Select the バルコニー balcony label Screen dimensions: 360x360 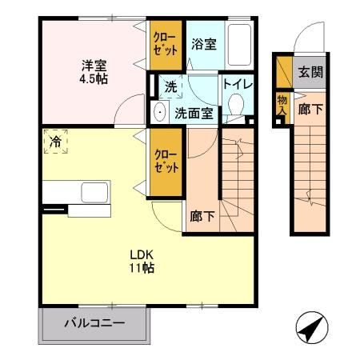click(x=94, y=326)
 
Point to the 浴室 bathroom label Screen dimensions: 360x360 click(x=203, y=46)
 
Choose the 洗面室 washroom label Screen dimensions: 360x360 click(x=194, y=113)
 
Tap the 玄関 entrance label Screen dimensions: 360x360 click(x=310, y=72)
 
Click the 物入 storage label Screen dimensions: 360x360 click(x=282, y=104)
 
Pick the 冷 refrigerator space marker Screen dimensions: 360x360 click(x=56, y=142)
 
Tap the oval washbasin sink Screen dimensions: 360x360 click(x=158, y=113)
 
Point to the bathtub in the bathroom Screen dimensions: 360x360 click(x=240, y=44)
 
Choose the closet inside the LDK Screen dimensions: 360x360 click(x=166, y=163)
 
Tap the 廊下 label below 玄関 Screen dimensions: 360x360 click(x=310, y=110)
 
